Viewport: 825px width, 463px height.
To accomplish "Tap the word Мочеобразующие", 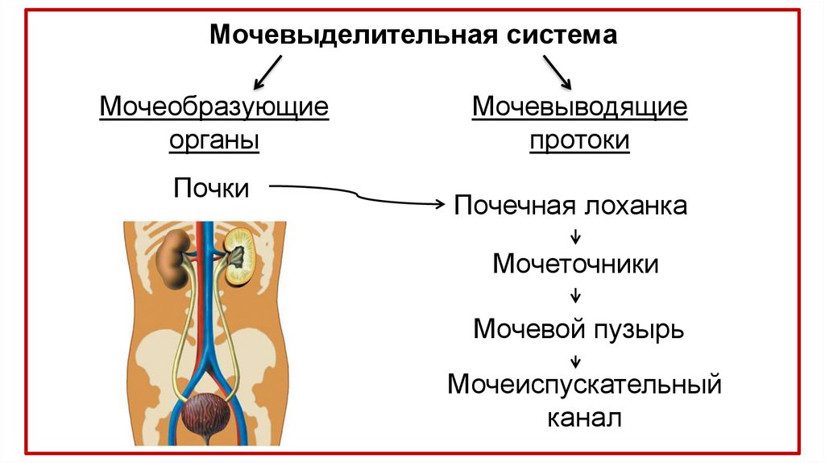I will point(214,106).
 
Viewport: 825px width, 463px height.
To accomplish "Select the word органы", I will point(214,140).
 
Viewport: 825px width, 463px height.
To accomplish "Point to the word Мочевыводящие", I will point(579,106).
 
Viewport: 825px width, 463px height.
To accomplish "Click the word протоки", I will point(579,140).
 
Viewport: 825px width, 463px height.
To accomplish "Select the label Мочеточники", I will point(575,264).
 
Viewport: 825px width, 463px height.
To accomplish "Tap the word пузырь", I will point(639,329).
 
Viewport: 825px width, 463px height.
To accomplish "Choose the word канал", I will point(585,419).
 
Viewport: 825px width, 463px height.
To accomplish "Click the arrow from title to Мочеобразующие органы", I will point(267,72).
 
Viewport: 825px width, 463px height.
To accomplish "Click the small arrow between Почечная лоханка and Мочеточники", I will point(575,236).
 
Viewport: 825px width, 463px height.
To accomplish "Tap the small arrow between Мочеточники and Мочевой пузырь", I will point(575,295).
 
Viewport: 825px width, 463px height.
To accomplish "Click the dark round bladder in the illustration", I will point(205,415).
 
